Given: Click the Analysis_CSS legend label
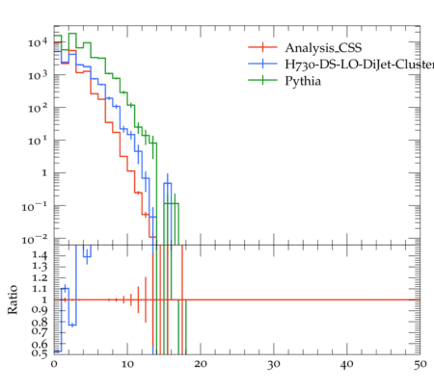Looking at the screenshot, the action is [x=323, y=48].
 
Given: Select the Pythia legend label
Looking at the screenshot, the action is [x=303, y=81].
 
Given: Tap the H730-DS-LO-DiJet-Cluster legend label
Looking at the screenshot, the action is [x=360, y=65].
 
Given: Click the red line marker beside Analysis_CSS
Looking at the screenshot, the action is [x=262, y=47].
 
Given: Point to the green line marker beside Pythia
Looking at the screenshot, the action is [x=262, y=80].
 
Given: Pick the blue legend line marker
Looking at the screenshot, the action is [x=262, y=64].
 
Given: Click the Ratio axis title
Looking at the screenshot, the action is [x=13, y=300].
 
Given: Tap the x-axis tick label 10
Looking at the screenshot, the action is [x=127, y=364].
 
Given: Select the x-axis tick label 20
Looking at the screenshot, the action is [x=201, y=364].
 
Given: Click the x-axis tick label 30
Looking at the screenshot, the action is [x=274, y=364].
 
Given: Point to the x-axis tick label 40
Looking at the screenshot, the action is [x=347, y=364].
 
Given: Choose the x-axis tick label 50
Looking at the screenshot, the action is [x=420, y=364].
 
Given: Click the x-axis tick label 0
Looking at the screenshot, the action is [x=54, y=364].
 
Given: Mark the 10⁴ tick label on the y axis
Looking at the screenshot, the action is [x=38, y=42].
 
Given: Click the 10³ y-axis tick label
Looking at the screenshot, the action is [x=38, y=75].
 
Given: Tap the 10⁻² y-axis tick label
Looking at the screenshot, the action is [x=35, y=239].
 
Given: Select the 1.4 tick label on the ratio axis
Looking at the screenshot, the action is [x=40, y=255].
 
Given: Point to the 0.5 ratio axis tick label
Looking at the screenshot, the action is [x=40, y=353].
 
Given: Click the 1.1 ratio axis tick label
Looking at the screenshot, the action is [x=40, y=289].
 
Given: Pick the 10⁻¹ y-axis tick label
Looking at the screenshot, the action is [x=35, y=206].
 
